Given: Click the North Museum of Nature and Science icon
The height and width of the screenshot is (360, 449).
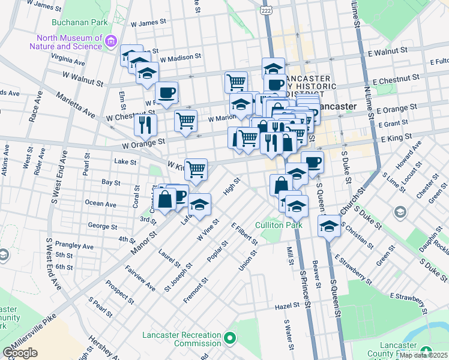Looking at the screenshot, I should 110,41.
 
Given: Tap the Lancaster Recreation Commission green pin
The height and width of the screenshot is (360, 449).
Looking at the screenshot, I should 229,339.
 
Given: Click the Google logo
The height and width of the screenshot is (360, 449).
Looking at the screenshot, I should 20,353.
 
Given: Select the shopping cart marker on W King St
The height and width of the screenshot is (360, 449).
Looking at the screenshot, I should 196,169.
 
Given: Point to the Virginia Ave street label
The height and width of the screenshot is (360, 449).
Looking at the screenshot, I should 67,60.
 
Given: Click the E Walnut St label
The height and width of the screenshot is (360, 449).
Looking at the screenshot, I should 388,52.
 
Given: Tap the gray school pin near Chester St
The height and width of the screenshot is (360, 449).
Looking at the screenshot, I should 400,212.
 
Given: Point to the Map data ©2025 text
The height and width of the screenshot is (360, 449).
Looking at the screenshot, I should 423,355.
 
